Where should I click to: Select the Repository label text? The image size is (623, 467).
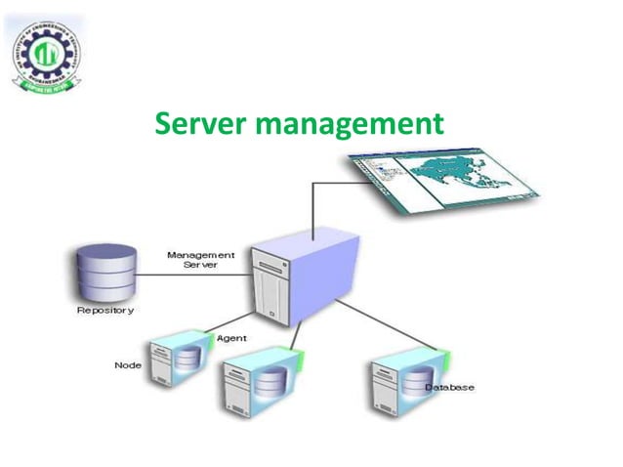[x=105, y=311]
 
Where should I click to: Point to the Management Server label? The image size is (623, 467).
[x=199, y=260]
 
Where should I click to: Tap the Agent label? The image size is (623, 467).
[x=230, y=337]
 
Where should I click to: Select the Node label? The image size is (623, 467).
[x=128, y=365]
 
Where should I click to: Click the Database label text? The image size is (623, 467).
[x=449, y=388]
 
